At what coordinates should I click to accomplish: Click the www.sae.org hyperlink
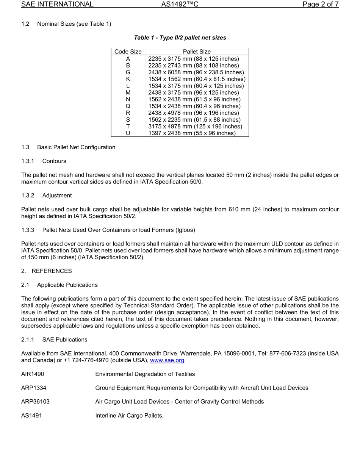coord(167,360)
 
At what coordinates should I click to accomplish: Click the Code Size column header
coord(128,52)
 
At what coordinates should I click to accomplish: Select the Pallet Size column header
coord(197,52)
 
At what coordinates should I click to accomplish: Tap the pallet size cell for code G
coord(196,72)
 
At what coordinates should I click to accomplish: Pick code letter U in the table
coord(128,133)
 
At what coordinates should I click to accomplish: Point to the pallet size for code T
coord(195,126)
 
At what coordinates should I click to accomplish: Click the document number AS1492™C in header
coord(180,5)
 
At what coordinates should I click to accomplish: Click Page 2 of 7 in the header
coord(320,5)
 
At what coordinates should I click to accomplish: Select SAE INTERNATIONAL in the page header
coord(57,5)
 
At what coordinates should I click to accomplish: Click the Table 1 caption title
coord(180,38)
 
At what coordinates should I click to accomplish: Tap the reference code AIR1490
coord(33,374)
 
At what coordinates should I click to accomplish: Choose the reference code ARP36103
coord(35,401)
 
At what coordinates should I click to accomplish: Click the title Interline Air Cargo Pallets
coord(129,415)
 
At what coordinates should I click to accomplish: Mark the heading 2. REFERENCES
coord(46,271)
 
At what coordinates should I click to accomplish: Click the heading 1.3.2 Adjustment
coord(46,196)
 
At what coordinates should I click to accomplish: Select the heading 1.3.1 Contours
coord(44,161)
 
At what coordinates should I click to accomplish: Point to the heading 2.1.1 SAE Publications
coord(54,339)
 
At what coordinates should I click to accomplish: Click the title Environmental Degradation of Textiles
coord(145,374)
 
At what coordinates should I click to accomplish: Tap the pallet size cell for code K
coord(197,79)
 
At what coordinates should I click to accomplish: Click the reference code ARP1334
coord(34,388)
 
